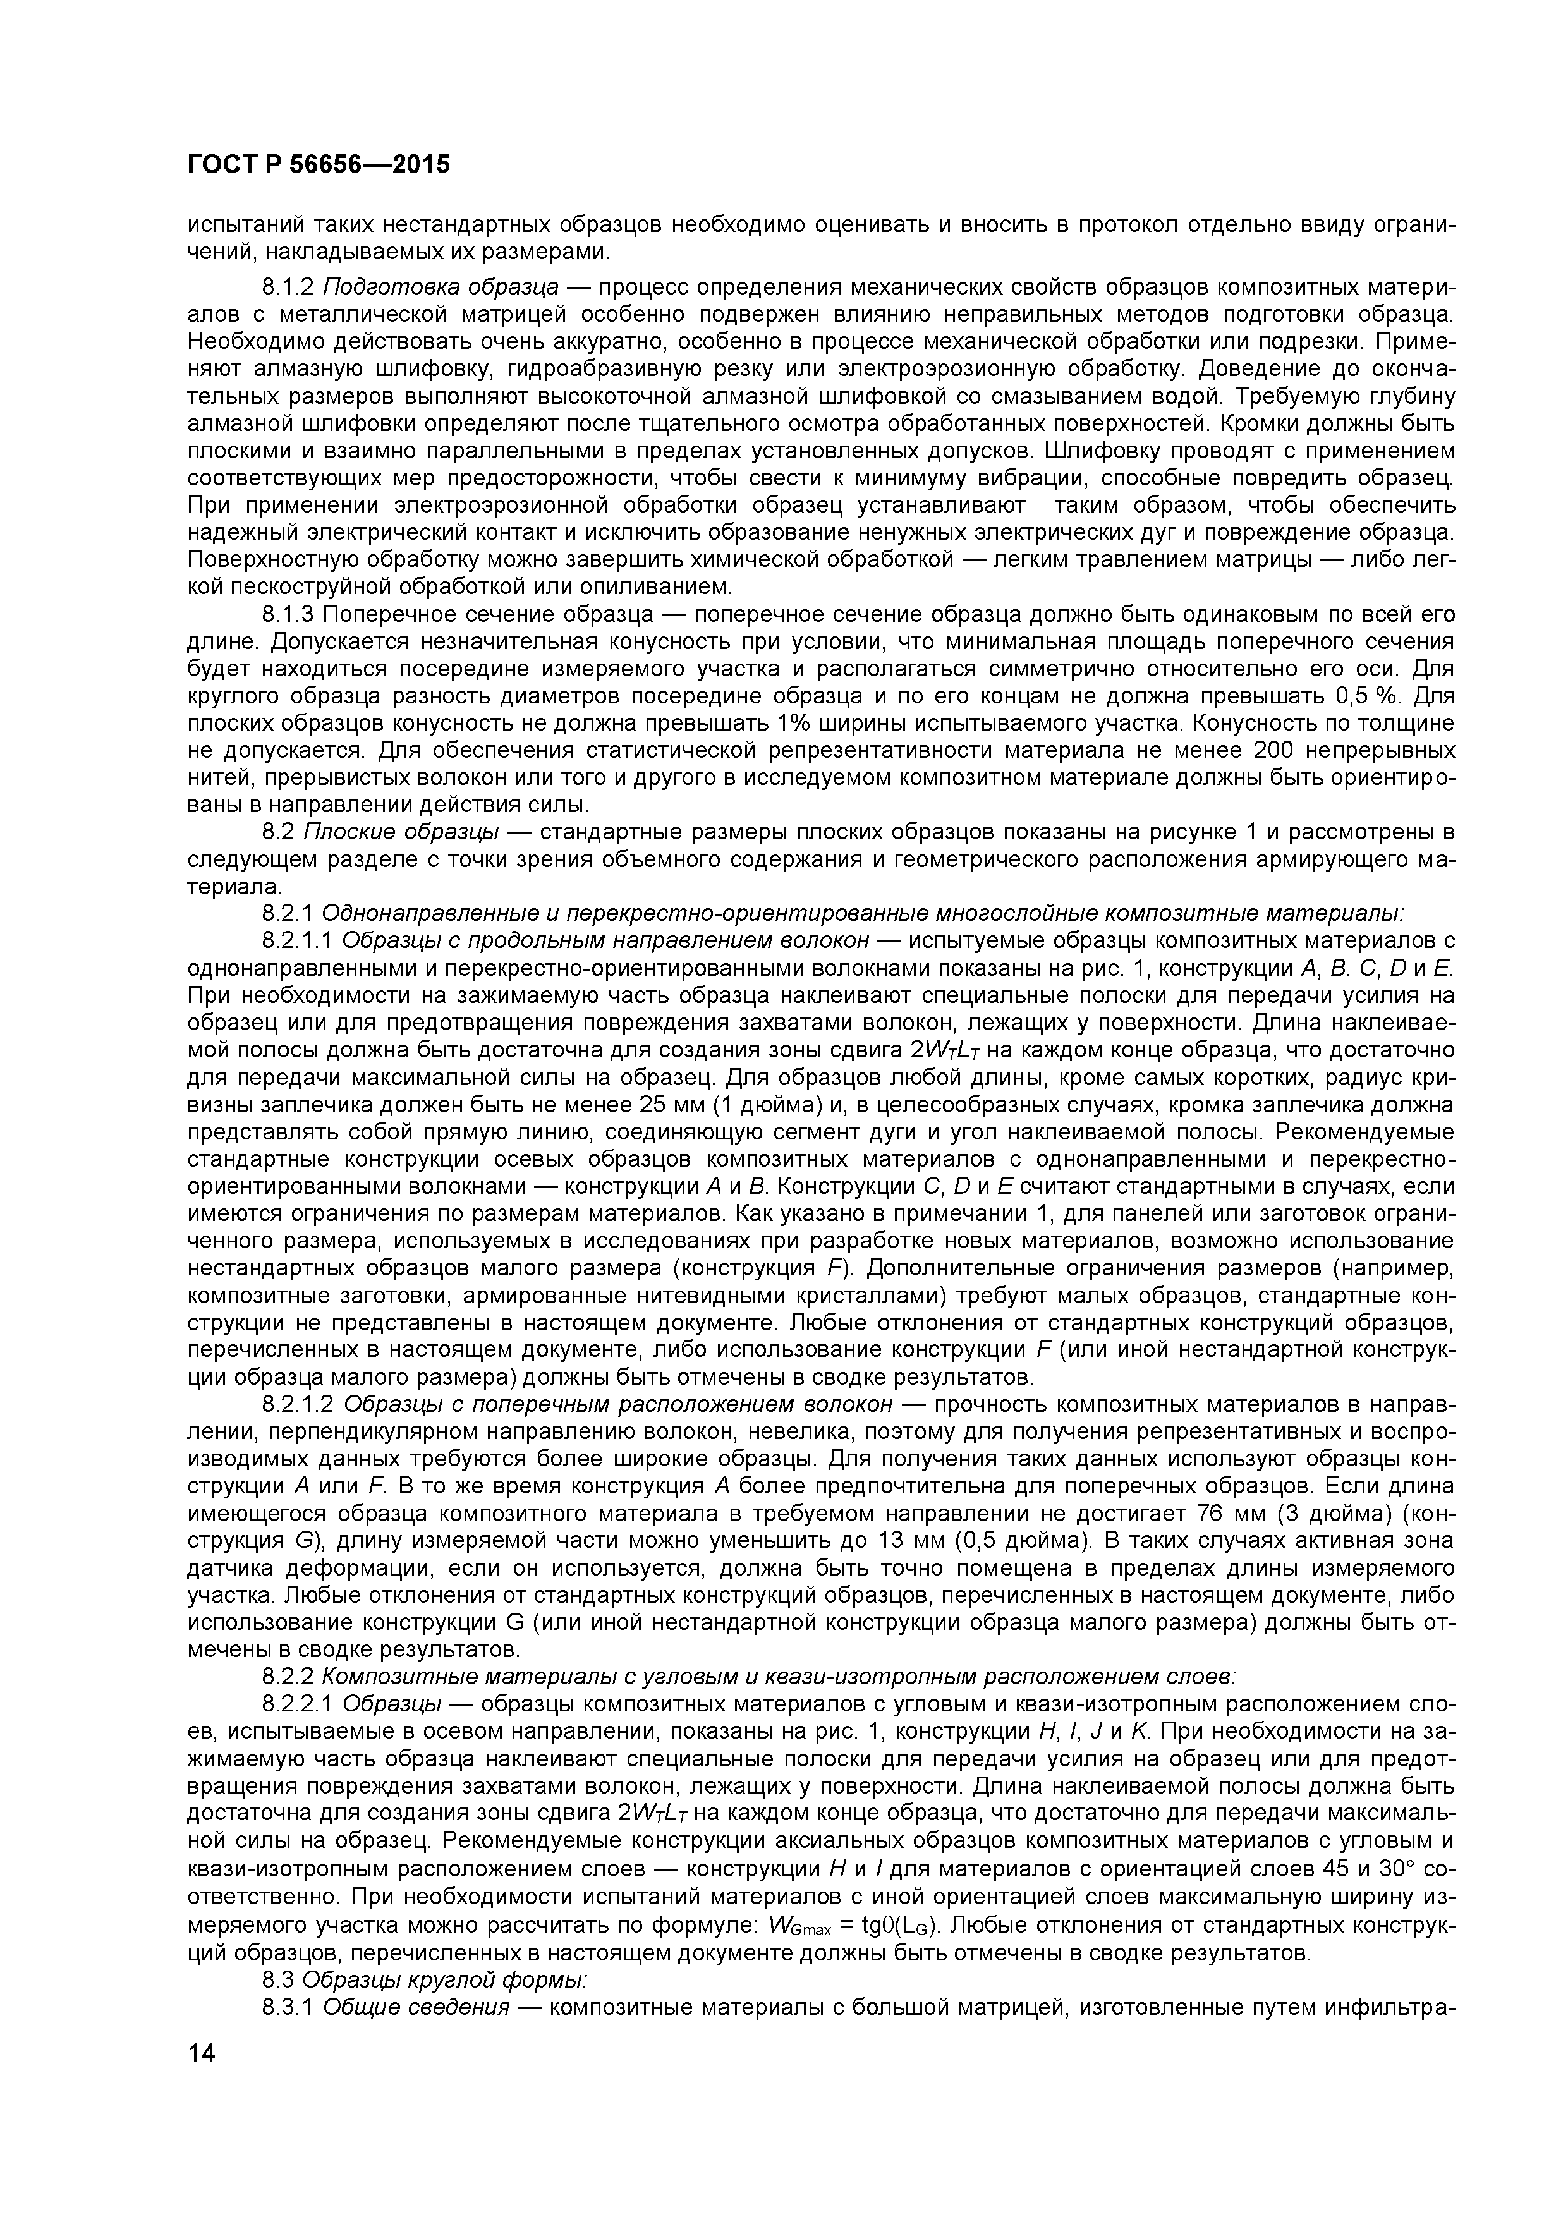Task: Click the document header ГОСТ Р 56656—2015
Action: click(319, 165)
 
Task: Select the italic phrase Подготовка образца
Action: click(441, 288)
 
